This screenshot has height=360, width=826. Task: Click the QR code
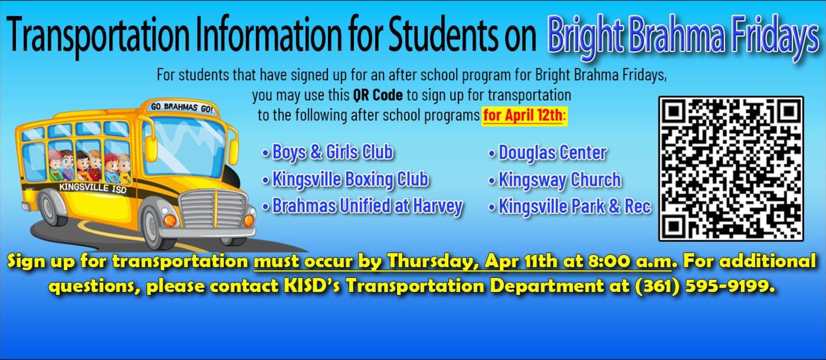[730, 169]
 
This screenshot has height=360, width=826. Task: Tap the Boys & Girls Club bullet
[332, 152]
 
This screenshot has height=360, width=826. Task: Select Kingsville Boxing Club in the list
[350, 179]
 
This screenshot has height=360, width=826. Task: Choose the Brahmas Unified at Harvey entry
[366, 206]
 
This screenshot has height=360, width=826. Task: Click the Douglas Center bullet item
[552, 153]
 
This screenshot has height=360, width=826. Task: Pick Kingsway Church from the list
[559, 179]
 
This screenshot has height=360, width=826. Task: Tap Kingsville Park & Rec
[574, 207]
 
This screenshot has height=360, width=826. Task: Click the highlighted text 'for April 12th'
[524, 115]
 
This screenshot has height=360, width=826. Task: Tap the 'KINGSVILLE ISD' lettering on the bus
[93, 188]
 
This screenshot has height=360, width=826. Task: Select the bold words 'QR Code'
[378, 95]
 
